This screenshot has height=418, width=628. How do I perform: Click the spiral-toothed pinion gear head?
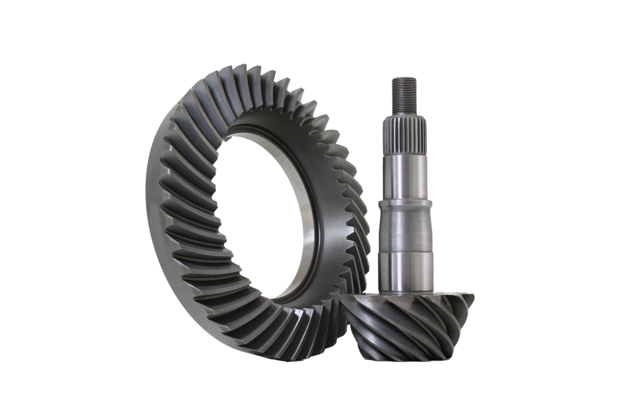tap(407, 323)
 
